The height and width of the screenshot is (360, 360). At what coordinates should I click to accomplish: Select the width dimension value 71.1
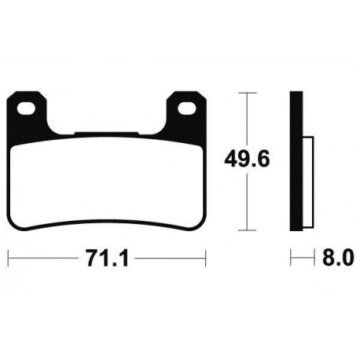(x=106, y=256)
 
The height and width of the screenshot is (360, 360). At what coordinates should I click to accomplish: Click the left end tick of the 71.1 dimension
(x=9, y=256)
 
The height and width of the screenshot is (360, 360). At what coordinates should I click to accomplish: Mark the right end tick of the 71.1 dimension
(x=204, y=256)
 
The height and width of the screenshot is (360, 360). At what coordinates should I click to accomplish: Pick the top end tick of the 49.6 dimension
(x=248, y=93)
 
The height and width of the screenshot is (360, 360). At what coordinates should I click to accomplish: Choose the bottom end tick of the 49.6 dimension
(x=248, y=230)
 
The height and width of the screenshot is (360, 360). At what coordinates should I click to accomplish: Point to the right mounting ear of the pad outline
(x=187, y=110)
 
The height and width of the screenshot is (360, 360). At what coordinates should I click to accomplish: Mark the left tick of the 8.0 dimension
(x=292, y=256)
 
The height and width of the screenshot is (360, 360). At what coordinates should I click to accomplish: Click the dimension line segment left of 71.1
(x=43, y=256)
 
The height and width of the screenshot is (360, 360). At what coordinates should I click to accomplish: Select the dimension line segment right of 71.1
(x=169, y=256)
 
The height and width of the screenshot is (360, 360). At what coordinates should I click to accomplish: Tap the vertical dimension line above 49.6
(x=248, y=118)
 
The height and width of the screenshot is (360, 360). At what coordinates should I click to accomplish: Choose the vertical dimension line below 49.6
(x=248, y=204)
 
